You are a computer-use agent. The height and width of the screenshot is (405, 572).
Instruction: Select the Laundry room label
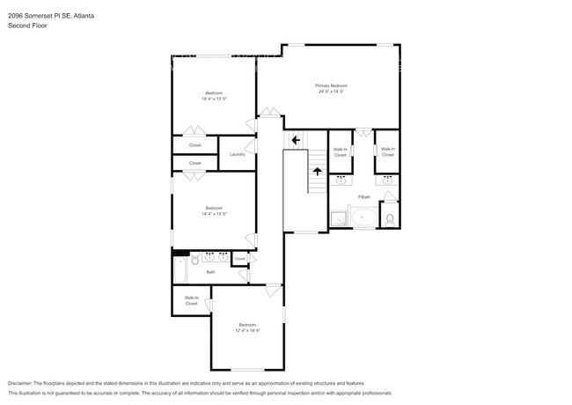coord(237,155)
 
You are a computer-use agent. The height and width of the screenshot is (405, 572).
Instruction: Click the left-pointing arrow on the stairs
coord(296,139)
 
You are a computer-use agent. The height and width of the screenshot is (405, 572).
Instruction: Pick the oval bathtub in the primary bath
coord(363,217)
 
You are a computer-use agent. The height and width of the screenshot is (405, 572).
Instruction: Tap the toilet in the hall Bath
coord(195,260)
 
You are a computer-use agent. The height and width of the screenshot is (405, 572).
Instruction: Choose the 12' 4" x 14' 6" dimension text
coord(247,331)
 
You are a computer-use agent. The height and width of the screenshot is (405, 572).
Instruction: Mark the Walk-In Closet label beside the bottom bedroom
coord(191,300)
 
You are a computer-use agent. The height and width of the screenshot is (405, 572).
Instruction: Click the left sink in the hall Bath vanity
coord(208,258)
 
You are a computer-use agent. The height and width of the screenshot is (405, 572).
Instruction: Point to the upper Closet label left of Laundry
coord(194,144)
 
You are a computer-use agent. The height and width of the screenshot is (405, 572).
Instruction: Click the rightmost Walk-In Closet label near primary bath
coord(387,151)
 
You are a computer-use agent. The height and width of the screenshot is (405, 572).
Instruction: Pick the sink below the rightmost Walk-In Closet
coord(387,180)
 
